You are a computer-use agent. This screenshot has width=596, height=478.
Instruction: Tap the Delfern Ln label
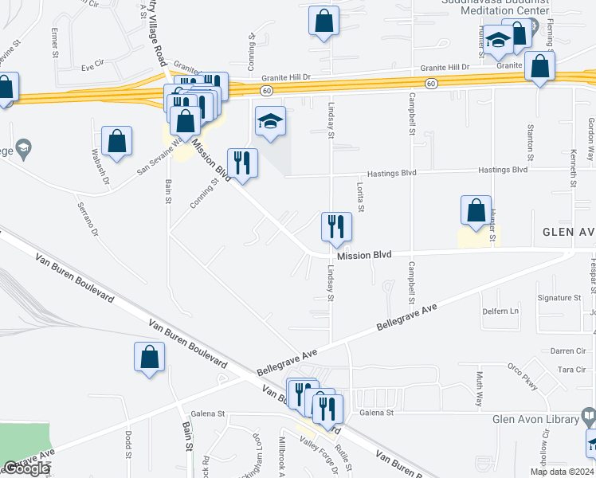point(500,311)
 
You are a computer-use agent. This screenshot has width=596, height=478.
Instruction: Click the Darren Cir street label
point(569,351)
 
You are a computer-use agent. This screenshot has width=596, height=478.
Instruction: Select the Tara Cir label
point(572,370)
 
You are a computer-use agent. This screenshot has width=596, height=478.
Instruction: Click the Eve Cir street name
point(92,62)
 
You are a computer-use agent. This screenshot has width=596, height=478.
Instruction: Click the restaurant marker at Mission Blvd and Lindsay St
point(336,226)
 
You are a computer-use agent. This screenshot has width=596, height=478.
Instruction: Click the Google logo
point(25,469)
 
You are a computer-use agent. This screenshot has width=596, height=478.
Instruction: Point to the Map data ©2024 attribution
point(561,472)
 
